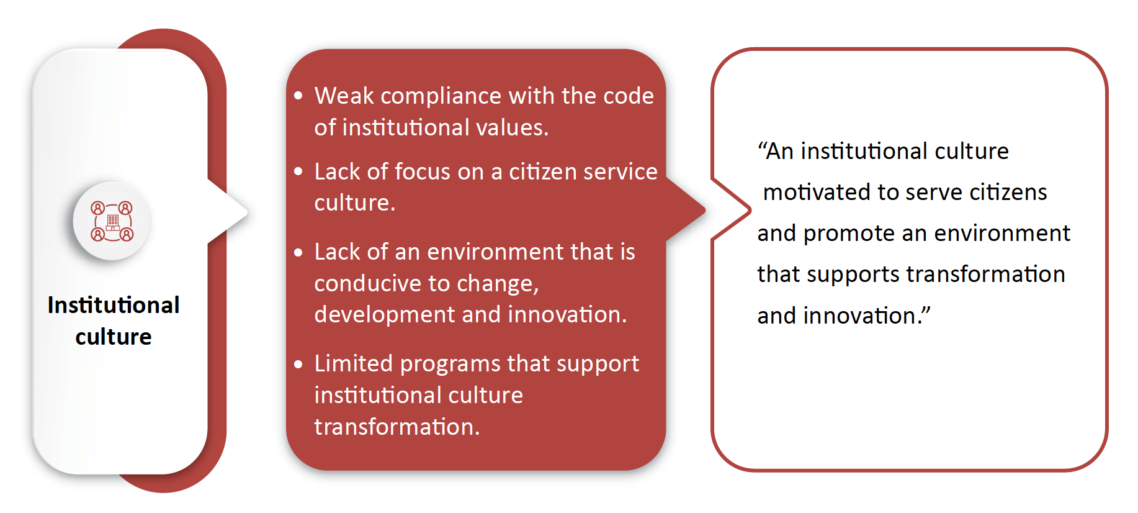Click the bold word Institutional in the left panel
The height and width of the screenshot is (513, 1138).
point(114,305)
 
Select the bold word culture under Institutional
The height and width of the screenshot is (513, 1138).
point(114,337)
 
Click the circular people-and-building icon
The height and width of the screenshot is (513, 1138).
point(112,220)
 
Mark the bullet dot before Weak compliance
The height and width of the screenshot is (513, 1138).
point(298,96)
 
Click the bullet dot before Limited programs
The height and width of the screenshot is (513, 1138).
point(298,364)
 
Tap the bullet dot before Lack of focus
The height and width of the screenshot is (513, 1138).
point(298,171)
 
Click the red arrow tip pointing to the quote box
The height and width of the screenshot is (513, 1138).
point(704,210)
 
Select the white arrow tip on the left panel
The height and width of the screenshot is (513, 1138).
point(246,212)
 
